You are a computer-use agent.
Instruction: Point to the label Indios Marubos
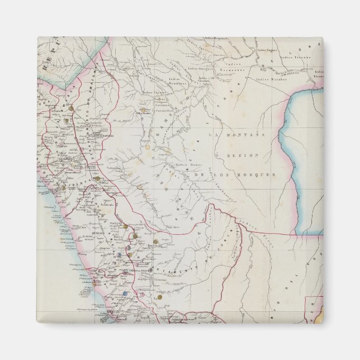(271, 79)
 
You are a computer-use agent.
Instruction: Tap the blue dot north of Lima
(126, 293)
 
